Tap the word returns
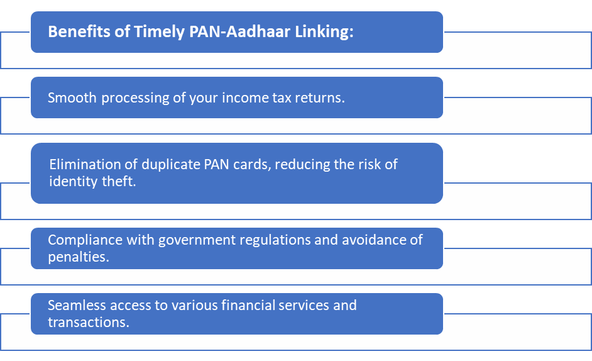click(x=321, y=98)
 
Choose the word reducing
click(x=287, y=165)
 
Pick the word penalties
click(x=79, y=257)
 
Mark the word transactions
click(x=87, y=321)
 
